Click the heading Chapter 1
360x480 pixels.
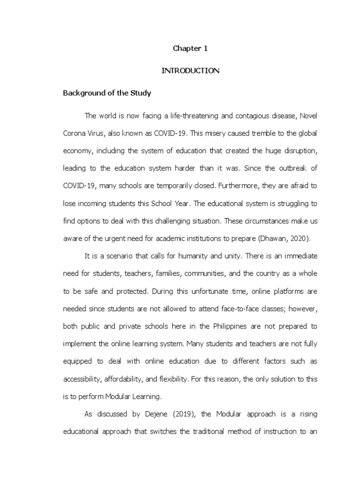click(x=190, y=48)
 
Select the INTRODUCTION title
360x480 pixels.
click(x=190, y=71)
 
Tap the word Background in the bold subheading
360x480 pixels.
click(x=82, y=93)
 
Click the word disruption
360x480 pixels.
click(x=298, y=151)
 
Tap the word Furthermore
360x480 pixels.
click(x=237, y=186)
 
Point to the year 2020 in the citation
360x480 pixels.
click(x=299, y=238)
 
